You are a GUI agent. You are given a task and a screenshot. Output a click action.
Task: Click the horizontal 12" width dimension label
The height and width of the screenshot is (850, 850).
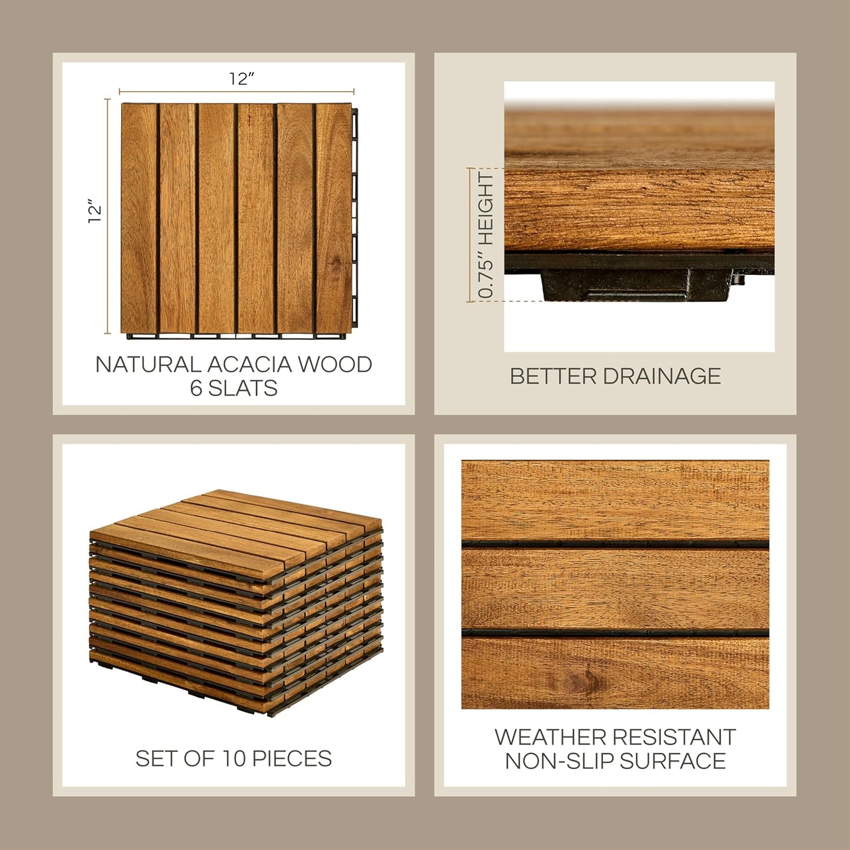pos(242,79)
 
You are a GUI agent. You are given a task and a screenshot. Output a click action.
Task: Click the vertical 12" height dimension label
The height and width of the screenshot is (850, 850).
pos(94,213)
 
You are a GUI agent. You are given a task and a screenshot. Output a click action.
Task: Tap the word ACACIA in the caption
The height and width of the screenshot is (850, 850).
pos(249,365)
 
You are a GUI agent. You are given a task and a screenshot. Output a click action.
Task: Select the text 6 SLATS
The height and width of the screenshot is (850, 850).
pos(234,388)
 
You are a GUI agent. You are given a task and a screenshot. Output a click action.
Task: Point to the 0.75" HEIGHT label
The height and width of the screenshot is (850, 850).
pos(486,235)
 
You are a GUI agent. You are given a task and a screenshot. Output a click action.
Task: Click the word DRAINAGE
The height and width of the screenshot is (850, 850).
pos(662,376)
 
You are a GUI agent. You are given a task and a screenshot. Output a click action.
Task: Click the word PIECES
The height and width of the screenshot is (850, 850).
pos(293,759)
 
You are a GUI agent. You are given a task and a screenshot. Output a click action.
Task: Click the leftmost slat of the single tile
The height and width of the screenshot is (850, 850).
pos(139,218)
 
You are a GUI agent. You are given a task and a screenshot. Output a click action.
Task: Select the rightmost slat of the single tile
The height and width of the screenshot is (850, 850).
pos(334,218)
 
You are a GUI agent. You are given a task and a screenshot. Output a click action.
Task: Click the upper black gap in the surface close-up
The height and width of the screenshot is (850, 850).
pos(615,544)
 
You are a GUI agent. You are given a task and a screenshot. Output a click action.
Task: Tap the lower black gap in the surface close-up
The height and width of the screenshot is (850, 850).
pos(615,633)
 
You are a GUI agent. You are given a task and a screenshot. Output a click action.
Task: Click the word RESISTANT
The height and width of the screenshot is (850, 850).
pos(674,737)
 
